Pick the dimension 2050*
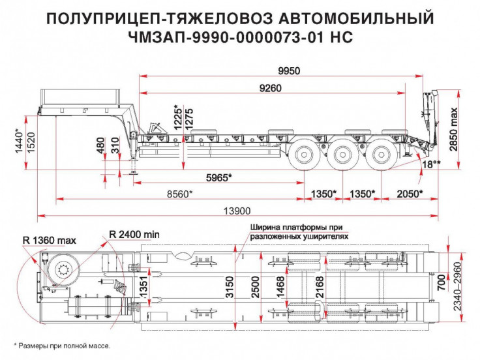pyautogui.click(x=409, y=193)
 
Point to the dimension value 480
pyautogui.click(x=100, y=145)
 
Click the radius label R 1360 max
pyautogui.click(x=50, y=239)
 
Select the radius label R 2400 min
pyautogui.click(x=134, y=233)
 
